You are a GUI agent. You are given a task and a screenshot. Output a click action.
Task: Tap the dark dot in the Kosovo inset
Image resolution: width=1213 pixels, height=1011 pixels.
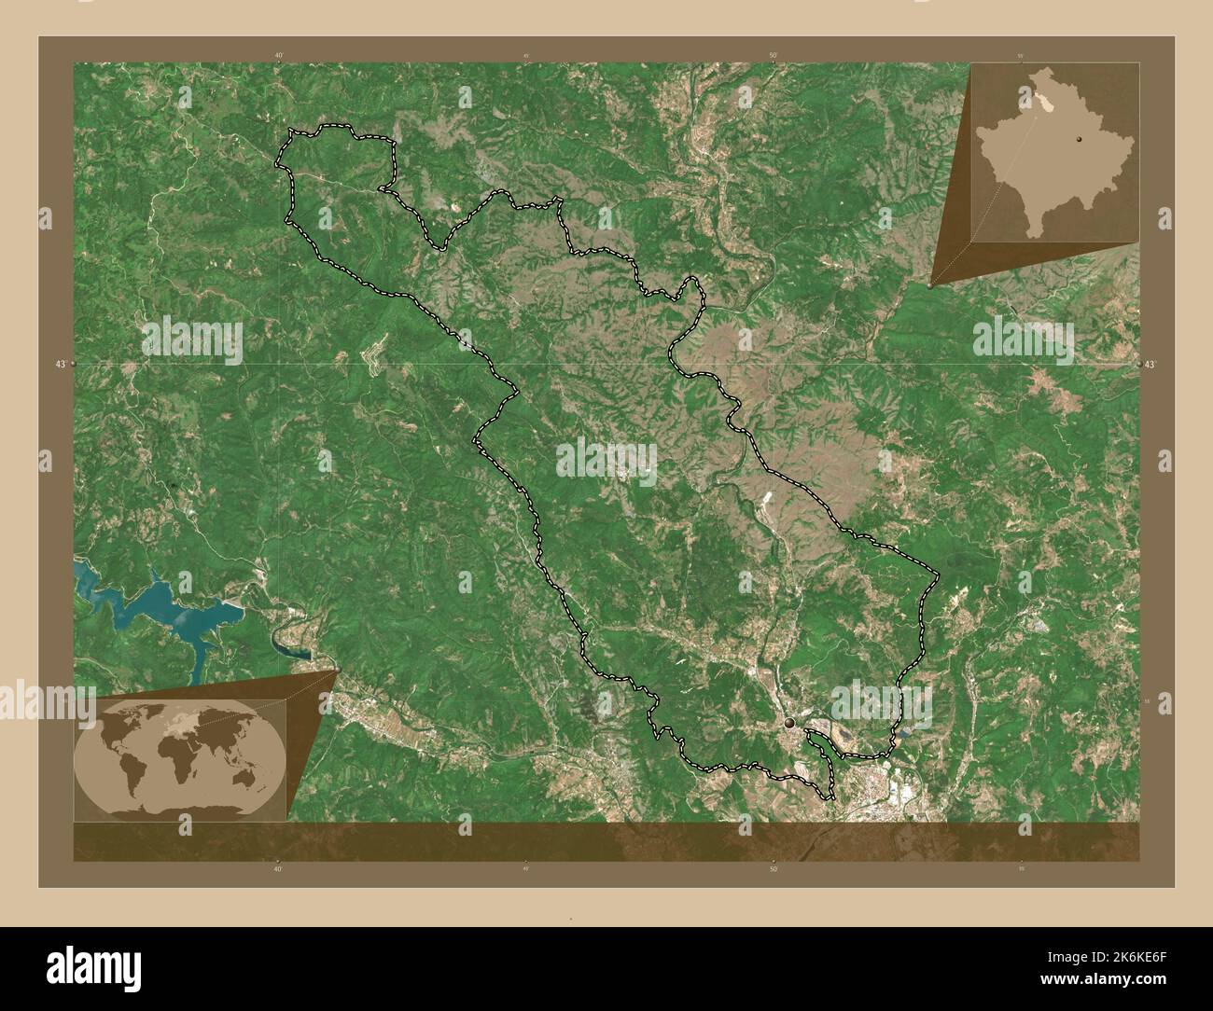(1078, 138)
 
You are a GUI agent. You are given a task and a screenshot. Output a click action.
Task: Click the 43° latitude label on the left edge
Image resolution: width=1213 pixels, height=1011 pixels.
(60, 364)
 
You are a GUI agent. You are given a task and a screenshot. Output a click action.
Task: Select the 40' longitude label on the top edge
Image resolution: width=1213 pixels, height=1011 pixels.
(279, 56)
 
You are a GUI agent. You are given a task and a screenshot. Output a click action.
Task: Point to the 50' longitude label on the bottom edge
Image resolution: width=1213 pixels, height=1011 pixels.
(773, 868)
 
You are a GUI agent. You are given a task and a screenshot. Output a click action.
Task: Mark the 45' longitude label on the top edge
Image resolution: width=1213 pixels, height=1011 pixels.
(526, 56)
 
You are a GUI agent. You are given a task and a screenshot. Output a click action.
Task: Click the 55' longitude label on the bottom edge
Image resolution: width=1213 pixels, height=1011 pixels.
(1021, 868)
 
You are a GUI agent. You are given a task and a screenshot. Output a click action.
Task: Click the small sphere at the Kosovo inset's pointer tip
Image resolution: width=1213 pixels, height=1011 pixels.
(930, 286)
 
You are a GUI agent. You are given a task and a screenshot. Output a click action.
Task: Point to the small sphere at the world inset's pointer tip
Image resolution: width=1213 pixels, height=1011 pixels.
(336, 671)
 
